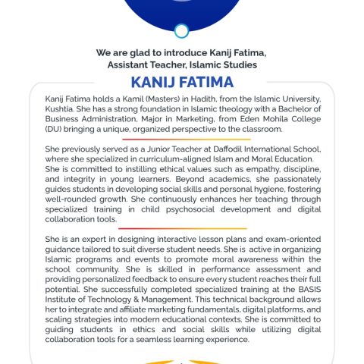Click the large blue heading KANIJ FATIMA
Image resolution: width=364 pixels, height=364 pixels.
(181, 83)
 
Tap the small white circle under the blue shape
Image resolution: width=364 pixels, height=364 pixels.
(181, 31)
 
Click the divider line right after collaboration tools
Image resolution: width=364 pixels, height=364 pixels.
(182, 228)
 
